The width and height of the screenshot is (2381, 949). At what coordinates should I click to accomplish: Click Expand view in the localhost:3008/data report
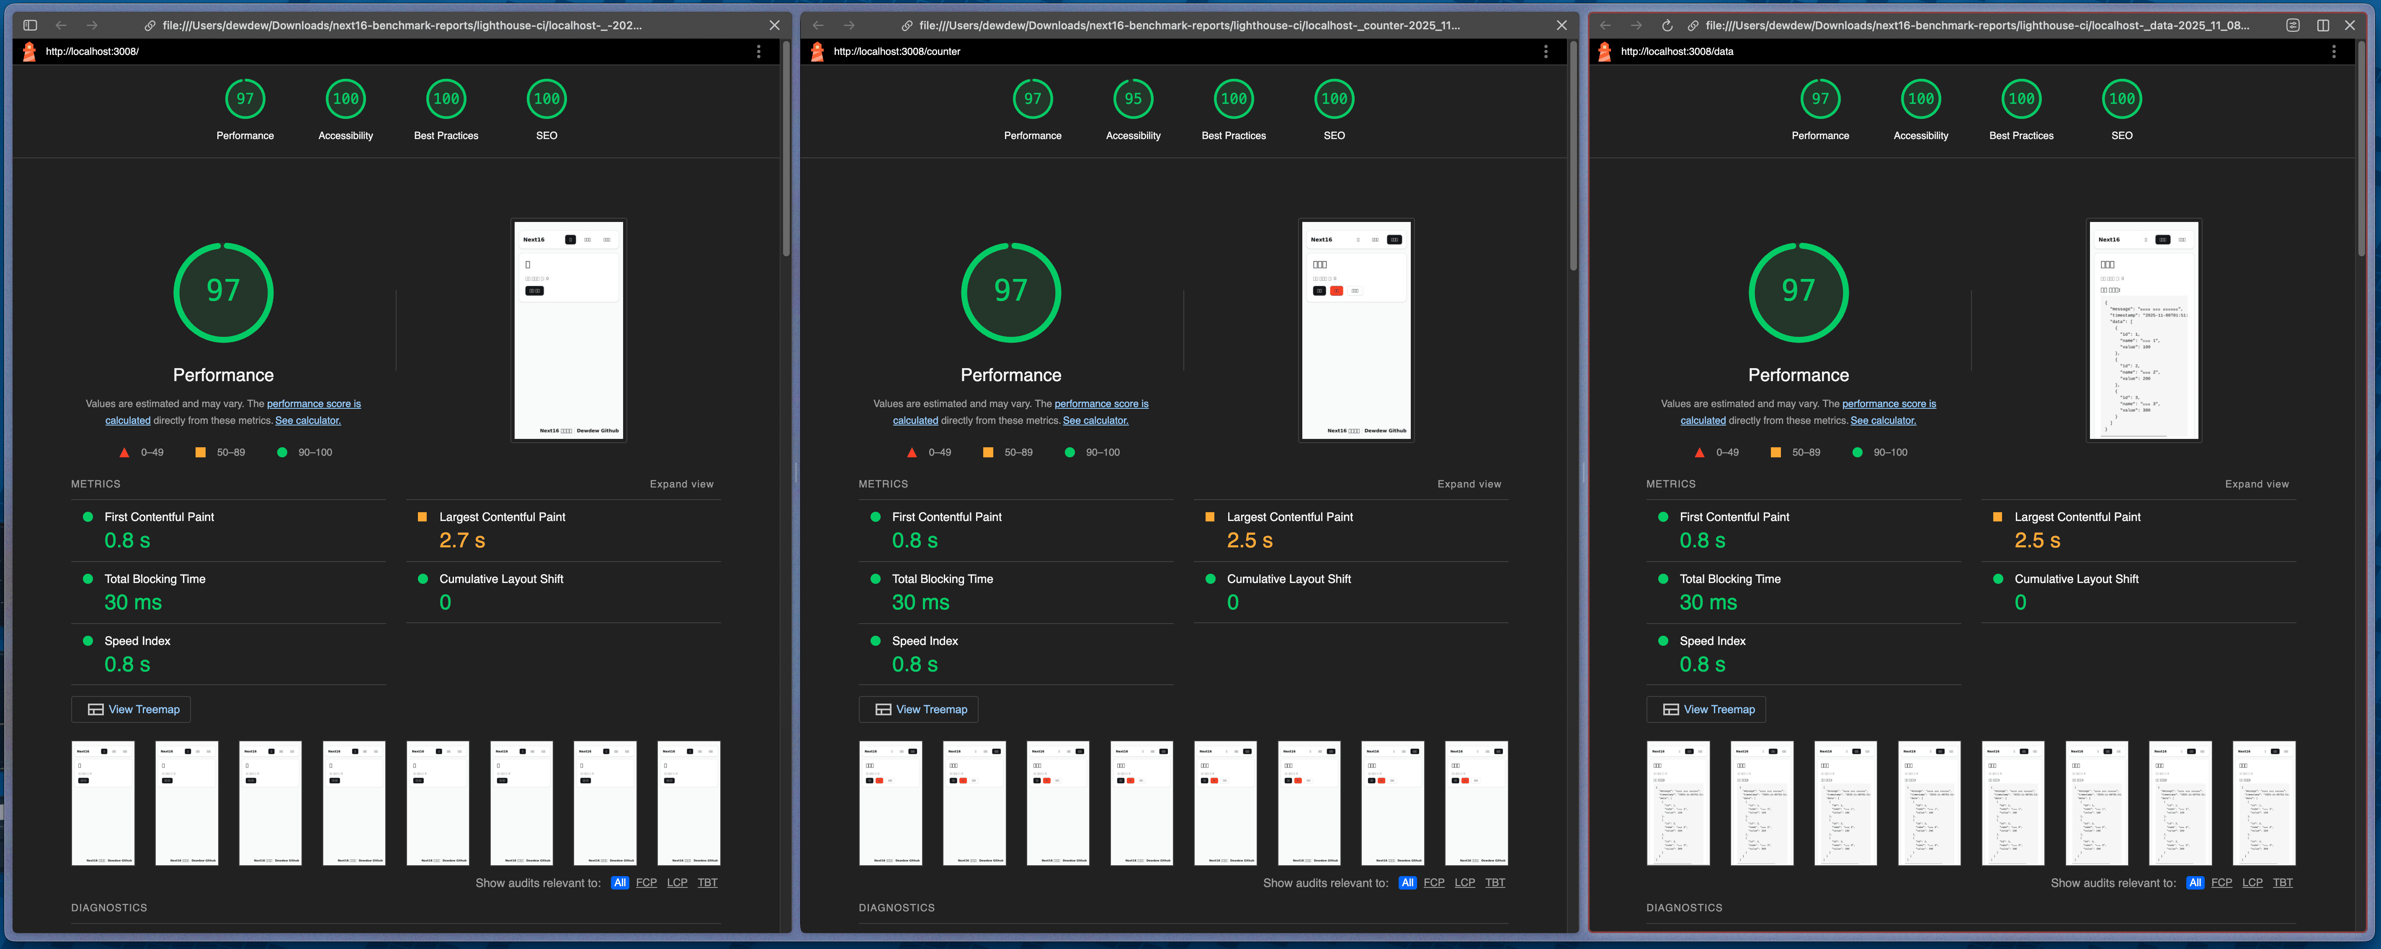pos(2256,484)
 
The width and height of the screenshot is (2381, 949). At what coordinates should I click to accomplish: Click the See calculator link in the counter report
pos(1095,420)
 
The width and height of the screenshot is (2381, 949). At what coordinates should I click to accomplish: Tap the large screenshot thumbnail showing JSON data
pos(2144,330)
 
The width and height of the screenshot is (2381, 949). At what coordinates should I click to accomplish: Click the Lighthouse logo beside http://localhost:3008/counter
pos(817,52)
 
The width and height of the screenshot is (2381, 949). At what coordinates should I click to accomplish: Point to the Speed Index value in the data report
pos(1702,664)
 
